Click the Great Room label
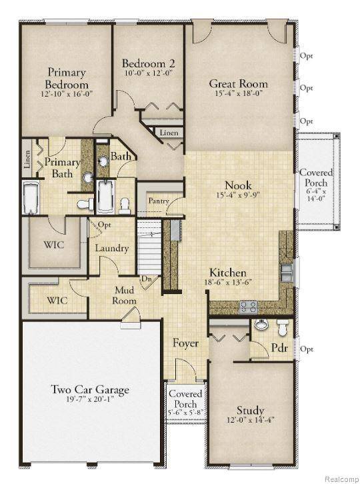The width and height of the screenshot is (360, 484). tap(238, 84)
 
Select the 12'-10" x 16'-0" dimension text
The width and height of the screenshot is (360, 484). tap(67, 95)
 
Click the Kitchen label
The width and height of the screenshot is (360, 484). tap(228, 273)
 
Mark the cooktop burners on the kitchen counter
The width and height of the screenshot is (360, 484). tap(249, 306)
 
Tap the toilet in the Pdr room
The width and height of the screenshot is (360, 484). tap(283, 327)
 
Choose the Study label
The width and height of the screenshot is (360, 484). tap(250, 409)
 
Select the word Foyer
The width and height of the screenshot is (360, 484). tap(186, 343)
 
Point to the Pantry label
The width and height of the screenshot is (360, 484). tap(158, 200)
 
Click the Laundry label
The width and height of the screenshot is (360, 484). tap(111, 248)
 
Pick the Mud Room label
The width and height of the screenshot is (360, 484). tap(125, 295)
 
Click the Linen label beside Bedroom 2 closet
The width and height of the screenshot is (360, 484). tap(169, 133)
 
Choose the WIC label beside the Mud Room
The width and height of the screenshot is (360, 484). tap(56, 300)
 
